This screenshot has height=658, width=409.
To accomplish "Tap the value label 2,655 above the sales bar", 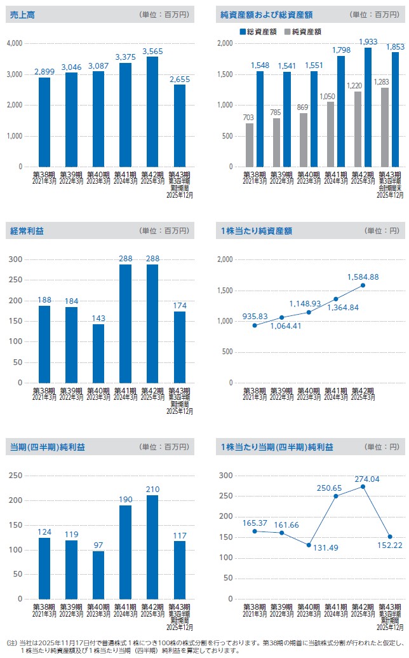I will coord(180,79).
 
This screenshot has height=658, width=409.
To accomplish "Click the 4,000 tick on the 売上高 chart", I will coord(14,43).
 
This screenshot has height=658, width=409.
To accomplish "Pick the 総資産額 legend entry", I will coord(260,31).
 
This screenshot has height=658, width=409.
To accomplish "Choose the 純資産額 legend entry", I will coord(305,31).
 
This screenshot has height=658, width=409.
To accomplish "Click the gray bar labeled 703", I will coord(250,145).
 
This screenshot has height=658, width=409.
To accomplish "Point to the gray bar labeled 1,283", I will coord(385,127).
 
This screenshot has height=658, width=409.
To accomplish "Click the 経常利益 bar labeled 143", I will coord(98,353).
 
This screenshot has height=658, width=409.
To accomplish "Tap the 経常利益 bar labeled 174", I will coord(180,347).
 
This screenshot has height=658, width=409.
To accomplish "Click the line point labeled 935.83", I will coord(254,326).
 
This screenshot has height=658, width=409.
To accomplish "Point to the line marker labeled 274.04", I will coord(363,487).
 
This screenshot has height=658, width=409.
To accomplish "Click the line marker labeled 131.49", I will coord(309,545).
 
